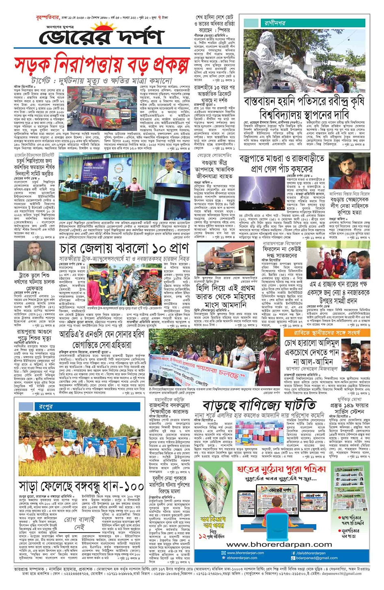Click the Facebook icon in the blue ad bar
pos(293,553)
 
